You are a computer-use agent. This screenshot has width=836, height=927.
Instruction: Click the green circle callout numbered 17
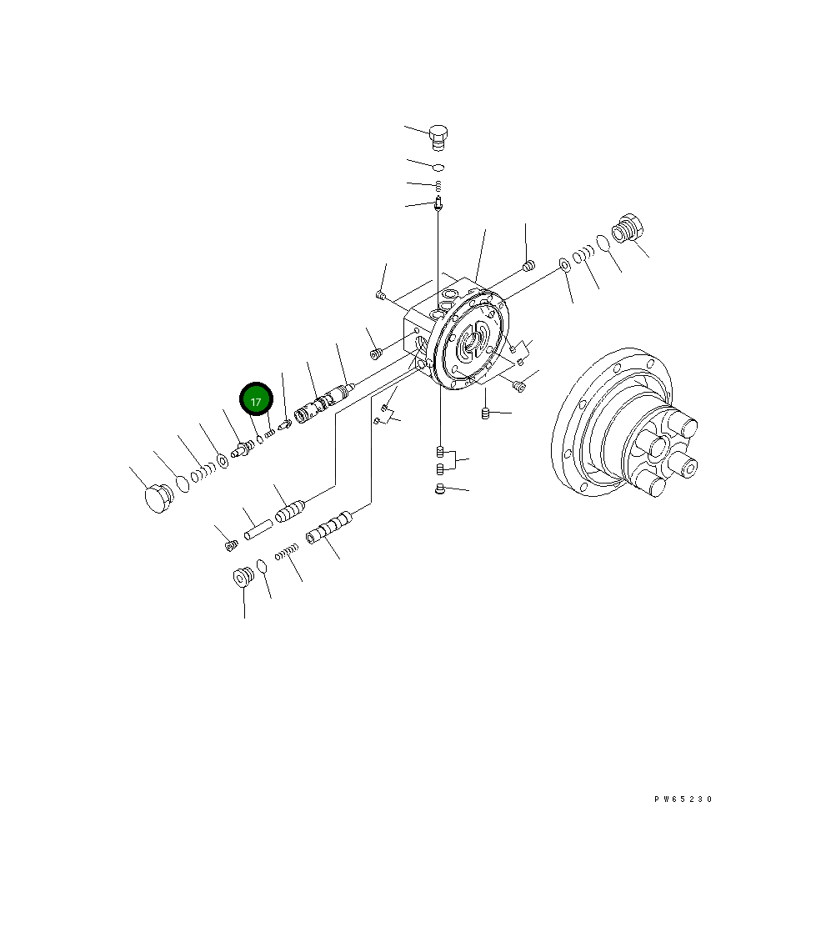(x=256, y=401)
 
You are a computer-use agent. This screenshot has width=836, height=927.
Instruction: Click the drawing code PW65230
(x=683, y=799)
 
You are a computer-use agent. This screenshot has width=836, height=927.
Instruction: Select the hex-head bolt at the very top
(x=438, y=135)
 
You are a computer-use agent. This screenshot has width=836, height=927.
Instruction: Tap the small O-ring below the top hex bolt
(x=438, y=167)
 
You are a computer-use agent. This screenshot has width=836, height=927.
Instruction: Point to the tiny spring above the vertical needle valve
(x=438, y=185)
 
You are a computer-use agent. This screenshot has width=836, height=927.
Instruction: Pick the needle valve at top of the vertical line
(x=438, y=203)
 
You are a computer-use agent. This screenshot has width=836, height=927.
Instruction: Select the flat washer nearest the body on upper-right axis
(x=563, y=265)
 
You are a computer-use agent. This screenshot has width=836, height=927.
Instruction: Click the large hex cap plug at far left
(x=156, y=499)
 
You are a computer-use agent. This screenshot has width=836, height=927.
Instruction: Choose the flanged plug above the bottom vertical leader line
(x=243, y=577)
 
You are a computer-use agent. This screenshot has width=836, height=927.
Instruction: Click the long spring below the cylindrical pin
(x=288, y=551)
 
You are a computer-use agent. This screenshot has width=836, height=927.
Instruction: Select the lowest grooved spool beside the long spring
(x=329, y=528)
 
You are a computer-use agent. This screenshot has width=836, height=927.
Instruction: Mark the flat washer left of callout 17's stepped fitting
(x=223, y=459)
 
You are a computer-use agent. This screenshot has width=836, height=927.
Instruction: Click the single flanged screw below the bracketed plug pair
(x=441, y=489)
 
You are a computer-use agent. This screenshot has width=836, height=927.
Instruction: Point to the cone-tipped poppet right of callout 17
(x=284, y=425)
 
